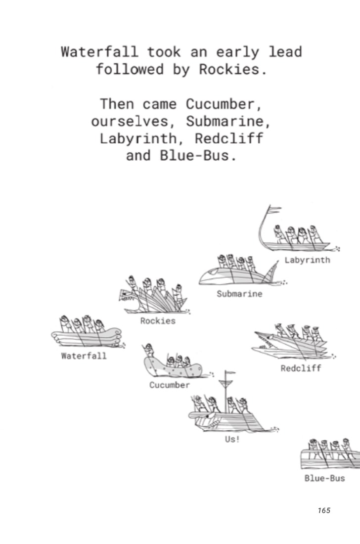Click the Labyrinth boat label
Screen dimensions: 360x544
(307, 260)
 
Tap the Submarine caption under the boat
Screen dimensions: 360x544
(239, 294)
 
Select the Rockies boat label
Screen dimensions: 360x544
(158, 321)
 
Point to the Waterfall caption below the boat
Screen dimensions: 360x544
(84, 356)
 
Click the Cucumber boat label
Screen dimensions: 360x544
(170, 385)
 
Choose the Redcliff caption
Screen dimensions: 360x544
(301, 368)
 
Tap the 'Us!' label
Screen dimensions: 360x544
(232, 439)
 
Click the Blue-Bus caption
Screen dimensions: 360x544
(324, 478)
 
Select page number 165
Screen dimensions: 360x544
(324, 510)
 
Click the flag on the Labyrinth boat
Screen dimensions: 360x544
(275, 209)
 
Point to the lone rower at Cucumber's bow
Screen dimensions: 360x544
(149, 351)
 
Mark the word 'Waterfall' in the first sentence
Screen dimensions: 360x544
(99, 52)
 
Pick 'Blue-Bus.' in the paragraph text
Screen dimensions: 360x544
(199, 156)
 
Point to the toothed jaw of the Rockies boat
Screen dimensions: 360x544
(127, 297)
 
